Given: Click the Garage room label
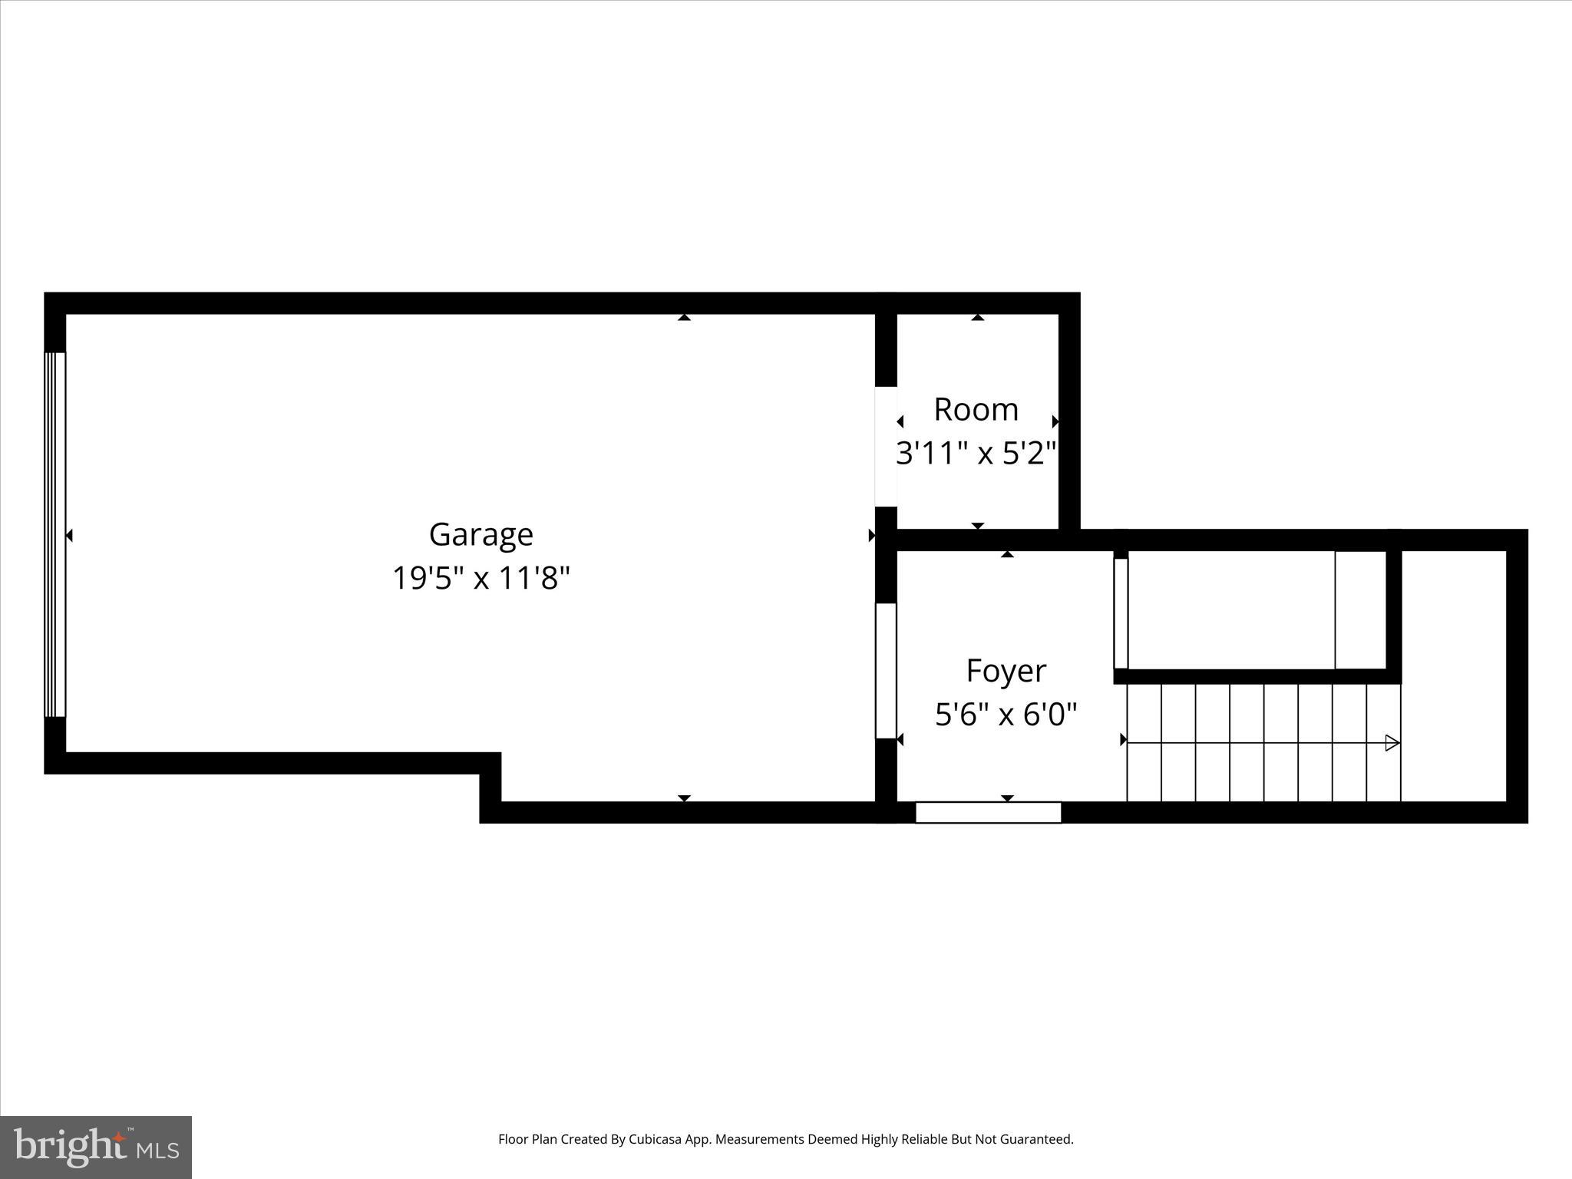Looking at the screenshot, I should (x=481, y=534).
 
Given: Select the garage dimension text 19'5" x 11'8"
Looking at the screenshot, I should (x=481, y=578).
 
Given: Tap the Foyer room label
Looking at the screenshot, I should (x=1006, y=671).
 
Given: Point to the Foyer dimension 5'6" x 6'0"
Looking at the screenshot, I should (x=1006, y=715).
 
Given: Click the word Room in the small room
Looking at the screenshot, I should (x=976, y=410).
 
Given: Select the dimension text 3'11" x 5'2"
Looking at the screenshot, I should (x=976, y=454).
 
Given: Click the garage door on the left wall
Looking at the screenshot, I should (x=55, y=534).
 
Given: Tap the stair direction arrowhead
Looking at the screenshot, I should (x=1392, y=743).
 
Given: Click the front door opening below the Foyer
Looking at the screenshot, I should (x=988, y=812).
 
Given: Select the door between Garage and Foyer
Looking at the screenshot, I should (x=886, y=671).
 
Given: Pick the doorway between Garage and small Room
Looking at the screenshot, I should (x=886, y=446).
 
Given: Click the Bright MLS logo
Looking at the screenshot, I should (x=96, y=1147).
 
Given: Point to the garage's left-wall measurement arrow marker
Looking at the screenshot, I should (x=69, y=536).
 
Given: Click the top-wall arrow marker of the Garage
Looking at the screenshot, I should (x=684, y=317).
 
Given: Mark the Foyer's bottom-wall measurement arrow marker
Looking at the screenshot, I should (x=1007, y=798).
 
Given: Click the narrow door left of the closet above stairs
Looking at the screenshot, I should (x=1121, y=613).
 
